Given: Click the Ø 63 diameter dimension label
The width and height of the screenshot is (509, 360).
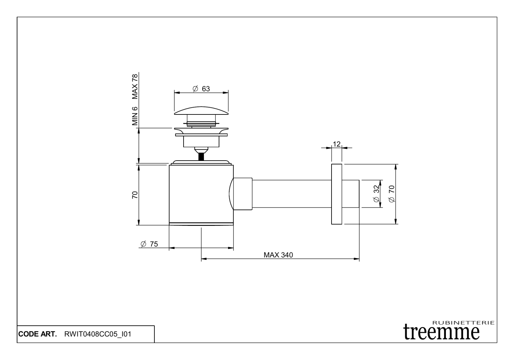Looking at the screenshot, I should click(x=201, y=89).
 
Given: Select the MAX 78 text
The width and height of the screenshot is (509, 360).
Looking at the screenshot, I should click(x=135, y=86).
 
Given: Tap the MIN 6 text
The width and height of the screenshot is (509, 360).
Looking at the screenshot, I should click(x=135, y=116).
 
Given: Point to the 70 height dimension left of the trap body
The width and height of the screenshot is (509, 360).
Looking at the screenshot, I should click(x=135, y=195).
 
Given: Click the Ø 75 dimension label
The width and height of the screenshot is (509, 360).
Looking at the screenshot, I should click(x=149, y=244).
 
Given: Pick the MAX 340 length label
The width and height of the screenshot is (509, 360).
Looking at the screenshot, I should click(x=278, y=255).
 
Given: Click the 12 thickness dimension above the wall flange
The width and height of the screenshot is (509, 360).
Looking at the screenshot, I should click(x=336, y=144).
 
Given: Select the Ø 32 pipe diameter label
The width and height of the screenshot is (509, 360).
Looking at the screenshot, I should click(x=376, y=194).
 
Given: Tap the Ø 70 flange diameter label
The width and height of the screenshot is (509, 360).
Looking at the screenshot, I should click(x=392, y=194).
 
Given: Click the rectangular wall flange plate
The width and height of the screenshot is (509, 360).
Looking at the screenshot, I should click(x=336, y=194).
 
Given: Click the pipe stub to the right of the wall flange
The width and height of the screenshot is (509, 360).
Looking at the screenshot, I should click(x=351, y=194).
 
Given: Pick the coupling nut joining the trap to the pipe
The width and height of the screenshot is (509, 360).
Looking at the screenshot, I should click(x=243, y=194).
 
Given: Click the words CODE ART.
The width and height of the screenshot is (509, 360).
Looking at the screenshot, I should click(x=37, y=334).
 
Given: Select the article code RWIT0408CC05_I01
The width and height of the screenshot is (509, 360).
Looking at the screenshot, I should click(x=97, y=334).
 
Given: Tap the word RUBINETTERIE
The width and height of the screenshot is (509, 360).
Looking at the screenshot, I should click(x=464, y=322).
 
